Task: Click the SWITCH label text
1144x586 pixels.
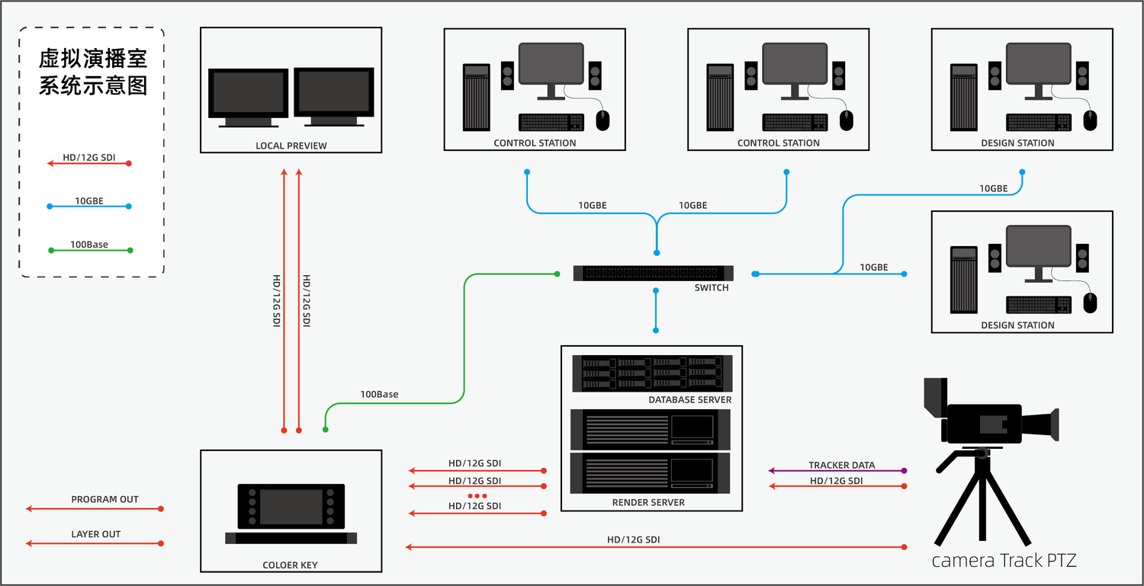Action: click(x=711, y=288)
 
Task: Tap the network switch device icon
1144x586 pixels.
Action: click(x=653, y=273)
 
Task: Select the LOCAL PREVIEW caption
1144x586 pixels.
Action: click(x=291, y=146)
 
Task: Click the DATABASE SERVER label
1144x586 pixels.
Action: click(x=689, y=400)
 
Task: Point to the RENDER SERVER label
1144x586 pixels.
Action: click(x=648, y=503)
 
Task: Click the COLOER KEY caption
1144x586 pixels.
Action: click(x=290, y=565)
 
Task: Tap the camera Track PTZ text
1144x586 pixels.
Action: click(x=1004, y=561)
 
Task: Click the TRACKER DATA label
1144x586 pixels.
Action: click(x=842, y=465)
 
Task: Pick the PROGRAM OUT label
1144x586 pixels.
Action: click(x=104, y=500)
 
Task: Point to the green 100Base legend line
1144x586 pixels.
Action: click(x=90, y=251)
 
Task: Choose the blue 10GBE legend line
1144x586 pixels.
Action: click(x=89, y=207)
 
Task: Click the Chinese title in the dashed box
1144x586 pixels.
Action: click(x=93, y=73)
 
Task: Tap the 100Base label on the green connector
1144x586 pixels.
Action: click(x=379, y=395)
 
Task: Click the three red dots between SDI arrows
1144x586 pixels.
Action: click(x=477, y=496)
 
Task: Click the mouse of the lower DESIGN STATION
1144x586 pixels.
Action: click(x=1090, y=303)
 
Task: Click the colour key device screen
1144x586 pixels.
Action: click(x=291, y=507)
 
